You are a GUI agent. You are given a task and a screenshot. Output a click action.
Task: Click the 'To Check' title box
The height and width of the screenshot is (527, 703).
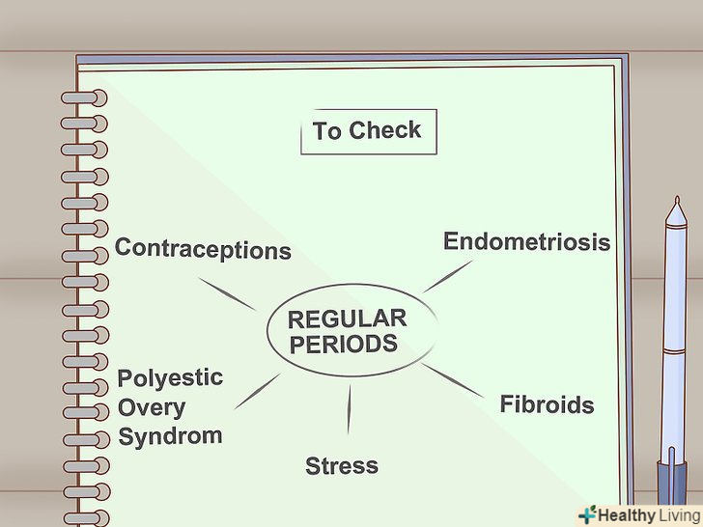tap(368, 131)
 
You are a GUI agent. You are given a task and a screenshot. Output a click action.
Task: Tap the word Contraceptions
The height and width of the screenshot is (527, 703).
tap(203, 249)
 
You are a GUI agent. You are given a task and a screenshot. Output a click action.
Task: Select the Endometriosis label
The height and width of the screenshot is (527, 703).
tap(526, 241)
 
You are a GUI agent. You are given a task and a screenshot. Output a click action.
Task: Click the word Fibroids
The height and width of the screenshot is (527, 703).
tap(546, 404)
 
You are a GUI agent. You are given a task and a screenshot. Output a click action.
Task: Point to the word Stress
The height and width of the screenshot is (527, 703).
tap(342, 466)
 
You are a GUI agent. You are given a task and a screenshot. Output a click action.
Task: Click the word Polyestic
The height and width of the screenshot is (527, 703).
tap(170, 378)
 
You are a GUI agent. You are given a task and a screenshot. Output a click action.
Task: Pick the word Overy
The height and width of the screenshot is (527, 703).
tap(152, 406)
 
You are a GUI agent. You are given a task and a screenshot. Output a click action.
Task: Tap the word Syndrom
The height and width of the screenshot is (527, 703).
tap(170, 435)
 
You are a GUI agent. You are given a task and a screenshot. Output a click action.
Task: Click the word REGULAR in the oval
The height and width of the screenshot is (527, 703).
tap(347, 319)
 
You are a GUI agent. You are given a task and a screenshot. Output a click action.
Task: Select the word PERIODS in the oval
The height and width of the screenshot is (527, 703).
tap(344, 345)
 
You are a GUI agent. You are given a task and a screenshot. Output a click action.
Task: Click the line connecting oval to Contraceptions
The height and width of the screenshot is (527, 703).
tap(228, 294)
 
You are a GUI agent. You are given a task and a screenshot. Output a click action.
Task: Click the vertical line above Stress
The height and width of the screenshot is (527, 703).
tap(349, 409)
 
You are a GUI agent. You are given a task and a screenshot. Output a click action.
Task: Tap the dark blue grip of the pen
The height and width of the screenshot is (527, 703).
tap(672, 487)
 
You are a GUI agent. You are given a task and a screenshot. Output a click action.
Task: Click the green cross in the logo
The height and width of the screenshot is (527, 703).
tap(586, 514)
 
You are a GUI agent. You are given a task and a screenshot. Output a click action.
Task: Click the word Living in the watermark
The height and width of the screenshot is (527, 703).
tap(672, 515)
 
